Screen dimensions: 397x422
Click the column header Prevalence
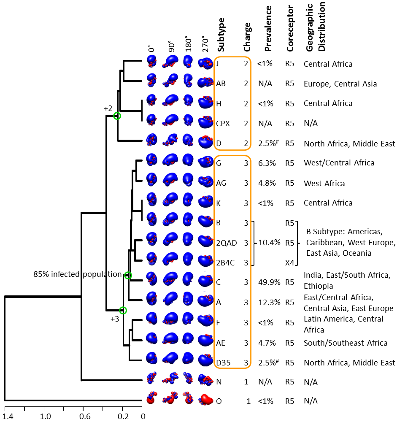268,29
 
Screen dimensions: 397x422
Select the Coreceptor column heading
290,29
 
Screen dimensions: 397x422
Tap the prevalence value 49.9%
269,282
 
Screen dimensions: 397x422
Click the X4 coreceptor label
289,262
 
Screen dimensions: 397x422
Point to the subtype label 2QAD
227,243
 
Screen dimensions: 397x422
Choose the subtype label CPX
223,123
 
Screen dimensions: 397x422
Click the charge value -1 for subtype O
247,401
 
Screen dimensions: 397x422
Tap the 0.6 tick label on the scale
85,416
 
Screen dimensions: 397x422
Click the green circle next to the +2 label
117,116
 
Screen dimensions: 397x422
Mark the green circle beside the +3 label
123,310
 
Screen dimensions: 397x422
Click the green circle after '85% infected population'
128,275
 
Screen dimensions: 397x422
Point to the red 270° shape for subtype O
206,400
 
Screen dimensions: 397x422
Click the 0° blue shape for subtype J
152,61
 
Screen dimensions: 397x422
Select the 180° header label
188,43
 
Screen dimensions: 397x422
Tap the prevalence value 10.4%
270,243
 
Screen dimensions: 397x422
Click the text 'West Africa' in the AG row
324,183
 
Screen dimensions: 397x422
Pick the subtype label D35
223,363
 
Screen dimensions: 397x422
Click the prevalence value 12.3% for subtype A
269,303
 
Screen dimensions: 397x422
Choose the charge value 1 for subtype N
246,382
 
